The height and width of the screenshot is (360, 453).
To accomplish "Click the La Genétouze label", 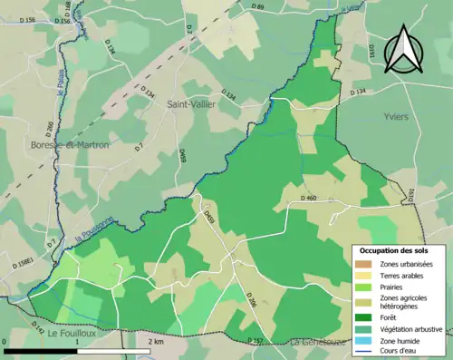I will click(x=320, y=343).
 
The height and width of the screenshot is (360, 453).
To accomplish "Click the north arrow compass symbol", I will click(x=403, y=49).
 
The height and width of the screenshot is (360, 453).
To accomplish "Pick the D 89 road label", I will click(x=256, y=7).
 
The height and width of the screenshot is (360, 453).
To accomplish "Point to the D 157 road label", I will click(x=256, y=340).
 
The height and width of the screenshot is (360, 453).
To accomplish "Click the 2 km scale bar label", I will click(x=156, y=342).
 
